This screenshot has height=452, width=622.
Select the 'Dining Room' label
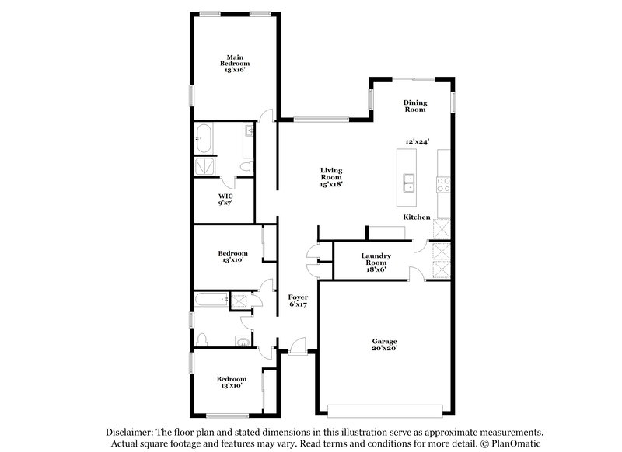tap(414, 106)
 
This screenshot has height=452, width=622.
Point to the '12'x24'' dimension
tap(418, 141)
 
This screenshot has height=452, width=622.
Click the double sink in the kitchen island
tap(409, 183)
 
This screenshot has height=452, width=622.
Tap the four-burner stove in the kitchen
tap(443, 184)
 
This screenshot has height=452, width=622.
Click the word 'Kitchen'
tap(416, 217)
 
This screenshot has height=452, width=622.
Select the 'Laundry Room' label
tap(376, 259)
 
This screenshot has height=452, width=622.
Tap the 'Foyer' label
tap(298, 297)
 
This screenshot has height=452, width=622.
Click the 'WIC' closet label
tap(225, 196)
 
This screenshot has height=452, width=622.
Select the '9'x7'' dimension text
tap(225, 203)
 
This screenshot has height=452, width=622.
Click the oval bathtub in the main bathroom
tap(204, 138)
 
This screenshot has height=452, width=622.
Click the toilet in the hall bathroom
tap(203, 339)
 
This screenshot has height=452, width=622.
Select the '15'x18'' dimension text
tap(331, 184)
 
